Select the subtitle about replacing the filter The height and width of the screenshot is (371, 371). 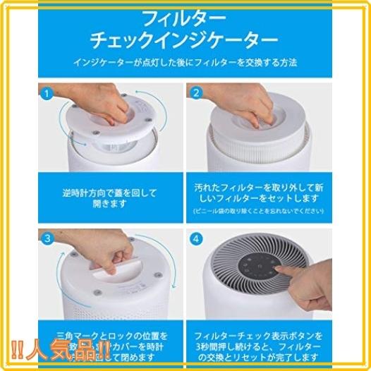click(185, 63)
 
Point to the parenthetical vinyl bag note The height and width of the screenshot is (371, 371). click(259, 212)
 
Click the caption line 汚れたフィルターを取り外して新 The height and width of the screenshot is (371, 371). click(259, 188)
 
